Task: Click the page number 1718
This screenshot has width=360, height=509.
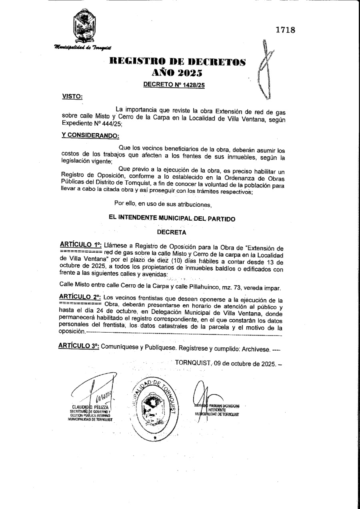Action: (x=285, y=30)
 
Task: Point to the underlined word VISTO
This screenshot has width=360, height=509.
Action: (x=72, y=96)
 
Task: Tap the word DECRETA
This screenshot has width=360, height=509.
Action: (x=172, y=232)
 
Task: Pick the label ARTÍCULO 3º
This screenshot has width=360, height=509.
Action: (x=79, y=347)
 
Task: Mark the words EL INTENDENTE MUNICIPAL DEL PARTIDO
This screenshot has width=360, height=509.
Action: (x=172, y=218)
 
